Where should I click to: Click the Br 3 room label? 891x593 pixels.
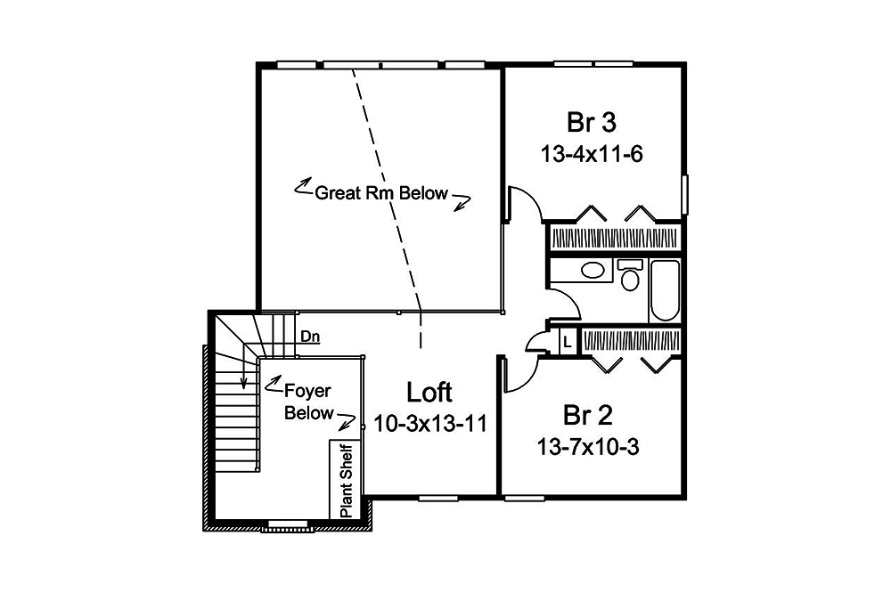pyautogui.click(x=592, y=121)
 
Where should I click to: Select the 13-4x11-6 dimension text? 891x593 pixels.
pyautogui.click(x=592, y=153)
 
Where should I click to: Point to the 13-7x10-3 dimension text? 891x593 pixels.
pyautogui.click(x=588, y=446)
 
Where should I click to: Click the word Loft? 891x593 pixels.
pyautogui.click(x=429, y=392)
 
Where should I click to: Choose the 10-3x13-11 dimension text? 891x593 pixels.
pyautogui.click(x=430, y=423)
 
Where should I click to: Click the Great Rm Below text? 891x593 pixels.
pyautogui.click(x=381, y=193)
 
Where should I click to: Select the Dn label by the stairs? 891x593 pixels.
pyautogui.click(x=310, y=337)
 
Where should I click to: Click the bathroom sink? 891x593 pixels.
pyautogui.click(x=592, y=271)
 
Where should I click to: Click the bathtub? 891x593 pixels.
pyautogui.click(x=665, y=290)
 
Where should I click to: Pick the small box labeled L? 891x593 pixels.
pyautogui.click(x=567, y=341)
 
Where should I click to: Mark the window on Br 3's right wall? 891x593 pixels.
pyautogui.click(x=685, y=194)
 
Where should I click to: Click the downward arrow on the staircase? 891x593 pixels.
pyautogui.click(x=241, y=378)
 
